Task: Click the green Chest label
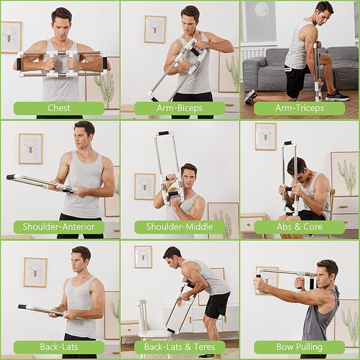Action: pyautogui.click(x=59, y=108)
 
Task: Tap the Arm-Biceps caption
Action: pyautogui.click(x=179, y=108)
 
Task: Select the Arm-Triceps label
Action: pyautogui.click(x=300, y=108)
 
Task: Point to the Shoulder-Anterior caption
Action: pyautogui.click(x=59, y=227)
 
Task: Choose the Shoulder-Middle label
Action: pyautogui.click(x=179, y=227)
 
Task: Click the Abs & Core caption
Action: pyautogui.click(x=300, y=227)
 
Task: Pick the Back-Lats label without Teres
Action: pyautogui.click(x=59, y=347)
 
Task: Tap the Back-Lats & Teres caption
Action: pyautogui.click(x=179, y=347)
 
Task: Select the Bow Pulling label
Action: pyautogui.click(x=300, y=347)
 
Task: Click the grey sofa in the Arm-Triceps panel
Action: pyautogui.click(x=265, y=66)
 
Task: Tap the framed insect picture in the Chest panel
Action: pyautogui.click(x=11, y=37)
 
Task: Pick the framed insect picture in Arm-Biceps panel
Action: pyautogui.click(x=155, y=29)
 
